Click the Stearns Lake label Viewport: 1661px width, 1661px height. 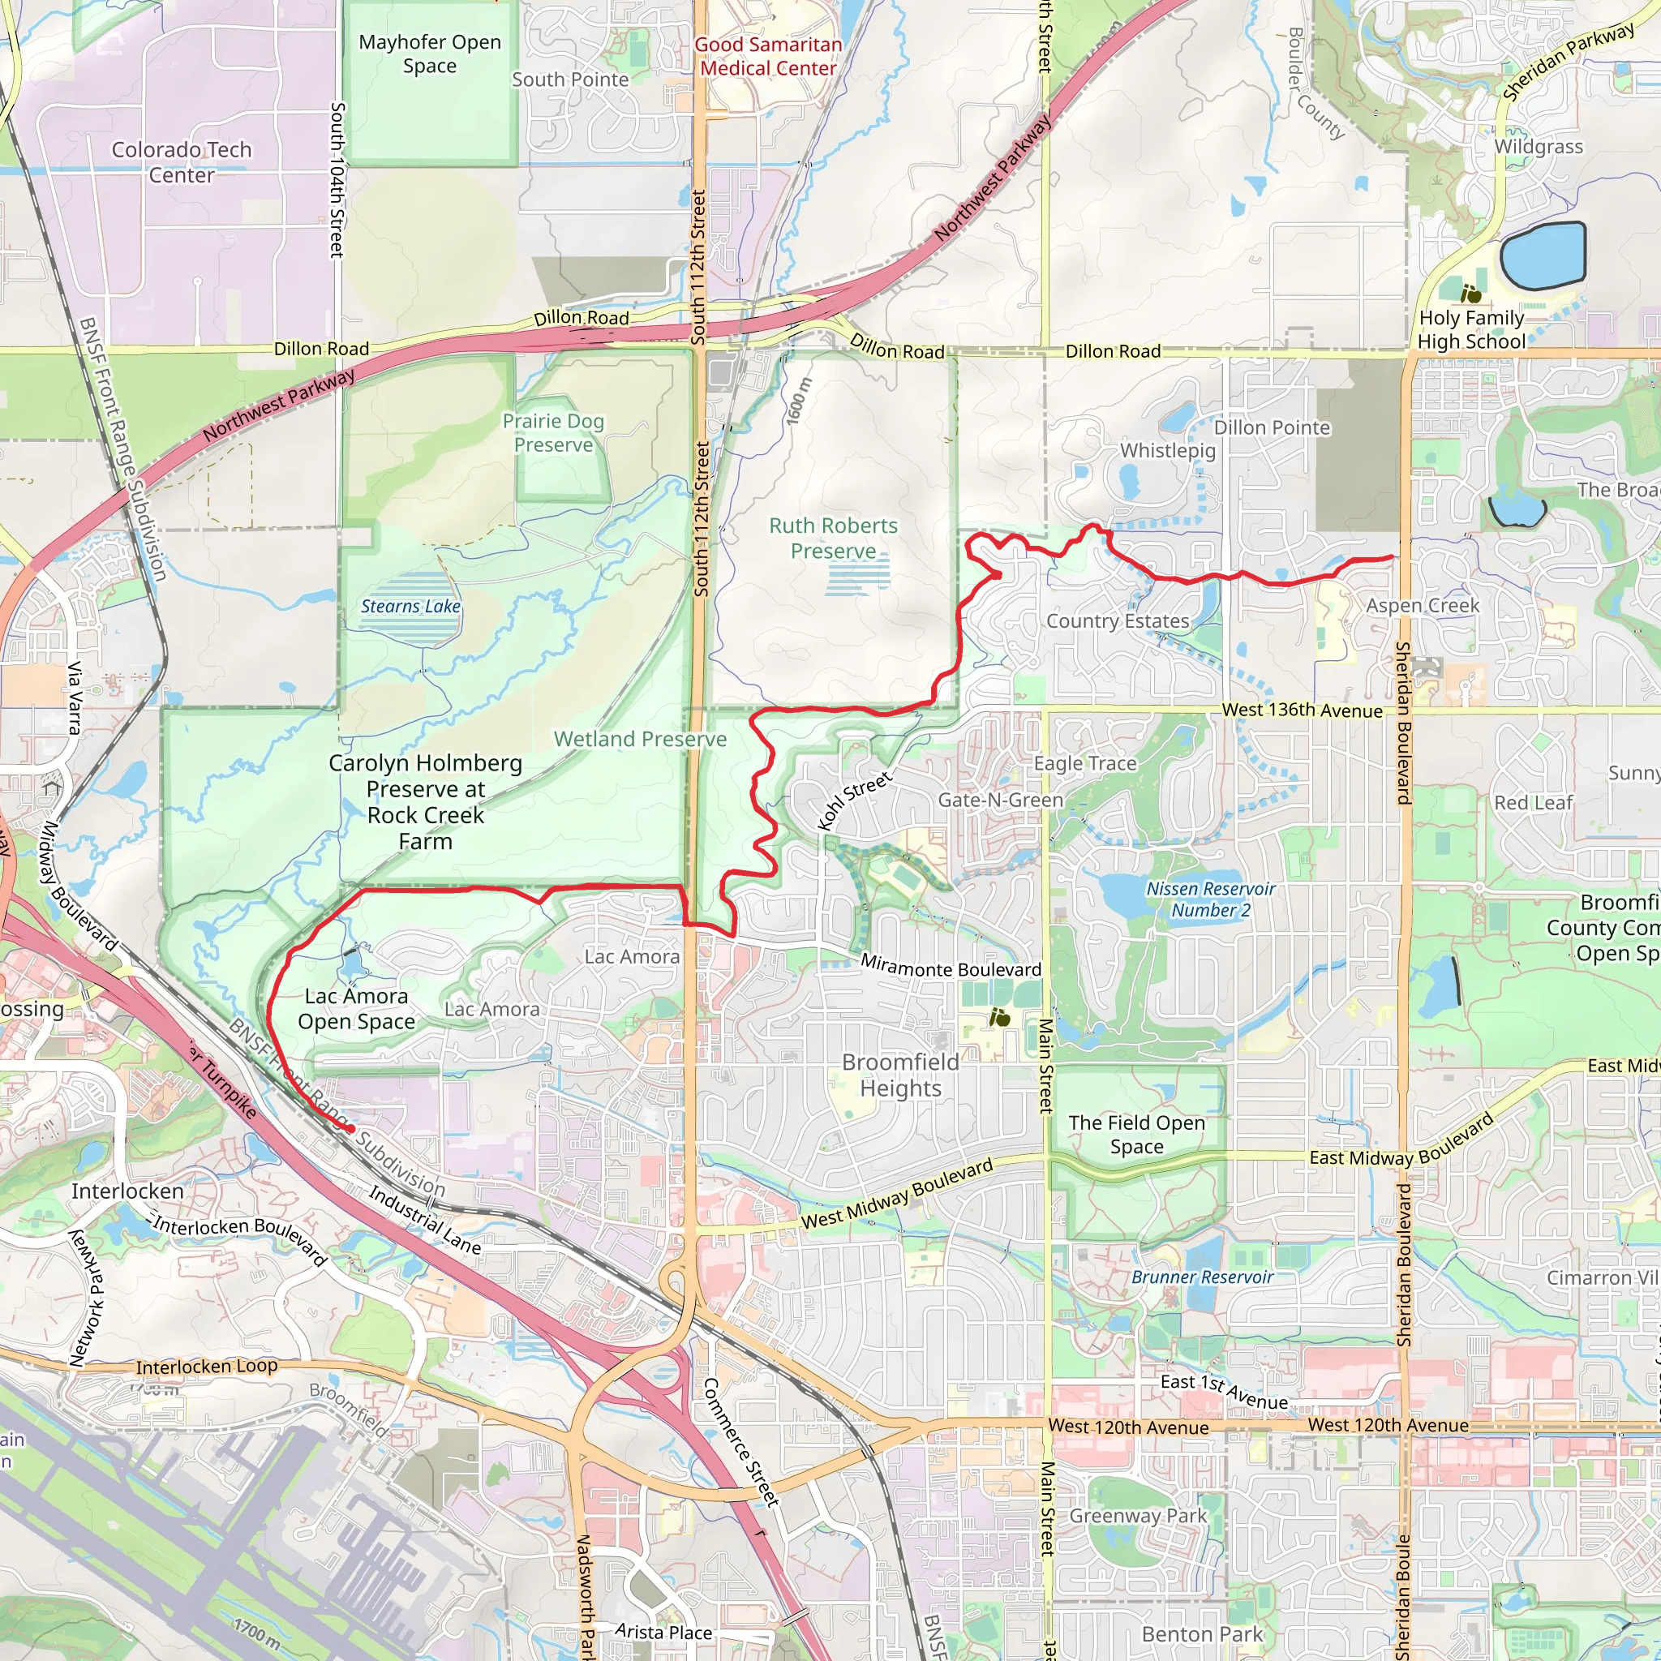[410, 606]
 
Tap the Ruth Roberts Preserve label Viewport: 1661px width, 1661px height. [833, 539]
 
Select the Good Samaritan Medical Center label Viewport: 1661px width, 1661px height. [768, 56]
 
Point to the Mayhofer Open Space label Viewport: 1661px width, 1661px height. [430, 54]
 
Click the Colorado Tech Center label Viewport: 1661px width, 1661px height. [182, 161]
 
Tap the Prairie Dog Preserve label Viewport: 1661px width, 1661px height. [554, 432]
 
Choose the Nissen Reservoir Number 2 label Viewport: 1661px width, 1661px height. [1211, 899]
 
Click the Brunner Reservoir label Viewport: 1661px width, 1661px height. [1202, 1277]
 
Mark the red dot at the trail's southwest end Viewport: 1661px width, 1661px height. [350, 1129]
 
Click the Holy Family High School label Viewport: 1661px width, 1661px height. [1471, 329]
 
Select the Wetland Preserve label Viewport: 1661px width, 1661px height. [640, 740]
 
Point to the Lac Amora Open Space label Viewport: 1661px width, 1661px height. [356, 1008]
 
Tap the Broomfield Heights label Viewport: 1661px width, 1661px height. [900, 1075]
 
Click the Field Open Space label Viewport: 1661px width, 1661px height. [1136, 1134]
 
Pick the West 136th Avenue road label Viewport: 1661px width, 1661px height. [1302, 710]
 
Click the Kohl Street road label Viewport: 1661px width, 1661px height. [855, 801]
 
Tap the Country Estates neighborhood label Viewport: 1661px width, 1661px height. [1117, 620]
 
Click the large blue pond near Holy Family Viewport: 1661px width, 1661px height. [1543, 255]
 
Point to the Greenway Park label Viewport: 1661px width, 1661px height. [1137, 1516]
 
